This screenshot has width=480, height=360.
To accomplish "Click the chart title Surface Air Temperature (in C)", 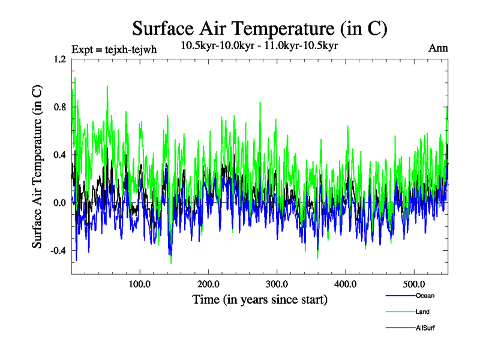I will point(260,28).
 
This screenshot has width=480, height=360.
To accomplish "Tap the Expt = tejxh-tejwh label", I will point(113,49).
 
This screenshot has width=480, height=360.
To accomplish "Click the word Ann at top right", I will point(438,49).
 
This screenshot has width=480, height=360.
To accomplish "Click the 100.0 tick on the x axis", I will point(140,284).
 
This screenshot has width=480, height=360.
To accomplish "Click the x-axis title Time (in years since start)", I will point(260,299).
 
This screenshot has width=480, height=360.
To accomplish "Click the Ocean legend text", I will point(425,296).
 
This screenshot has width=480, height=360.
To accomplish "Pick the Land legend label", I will point(422,312).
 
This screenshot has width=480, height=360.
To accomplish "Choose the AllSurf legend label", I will point(425,328).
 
